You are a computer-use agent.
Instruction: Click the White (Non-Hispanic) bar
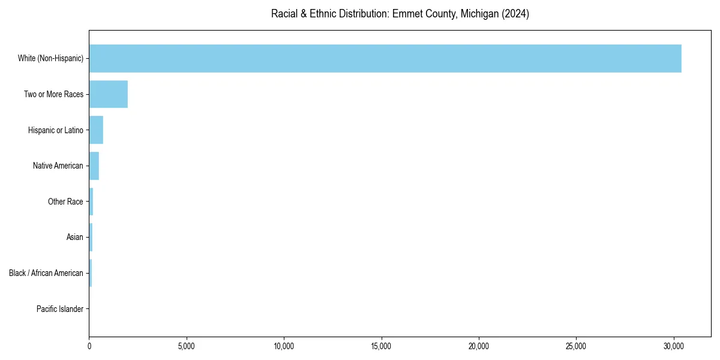[x=385, y=58]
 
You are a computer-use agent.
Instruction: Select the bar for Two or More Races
[x=109, y=94]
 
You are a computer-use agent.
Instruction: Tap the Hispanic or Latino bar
[x=96, y=130]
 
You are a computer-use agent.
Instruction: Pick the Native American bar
[x=94, y=166]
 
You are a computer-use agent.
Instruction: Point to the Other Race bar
[x=91, y=202]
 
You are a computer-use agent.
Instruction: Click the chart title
[x=400, y=14]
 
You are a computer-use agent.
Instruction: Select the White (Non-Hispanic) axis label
[x=50, y=58]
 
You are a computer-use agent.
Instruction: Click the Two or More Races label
[x=53, y=94]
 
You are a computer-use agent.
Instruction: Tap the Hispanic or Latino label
[x=55, y=130]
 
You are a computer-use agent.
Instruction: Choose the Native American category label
[x=58, y=166]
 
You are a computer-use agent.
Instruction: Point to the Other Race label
[x=65, y=202]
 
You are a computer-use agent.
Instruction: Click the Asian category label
[x=74, y=238]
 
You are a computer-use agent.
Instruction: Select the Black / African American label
[x=46, y=273]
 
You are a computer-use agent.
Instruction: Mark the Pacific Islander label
[x=59, y=309]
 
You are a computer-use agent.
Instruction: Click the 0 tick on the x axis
[x=89, y=346]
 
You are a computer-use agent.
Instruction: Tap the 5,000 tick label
[x=187, y=346]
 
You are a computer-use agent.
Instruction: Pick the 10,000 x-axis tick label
[x=284, y=346]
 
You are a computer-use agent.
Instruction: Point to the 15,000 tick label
[x=382, y=346]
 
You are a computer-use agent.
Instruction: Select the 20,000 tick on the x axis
[x=479, y=346]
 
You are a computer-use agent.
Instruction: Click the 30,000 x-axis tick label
[x=674, y=346]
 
